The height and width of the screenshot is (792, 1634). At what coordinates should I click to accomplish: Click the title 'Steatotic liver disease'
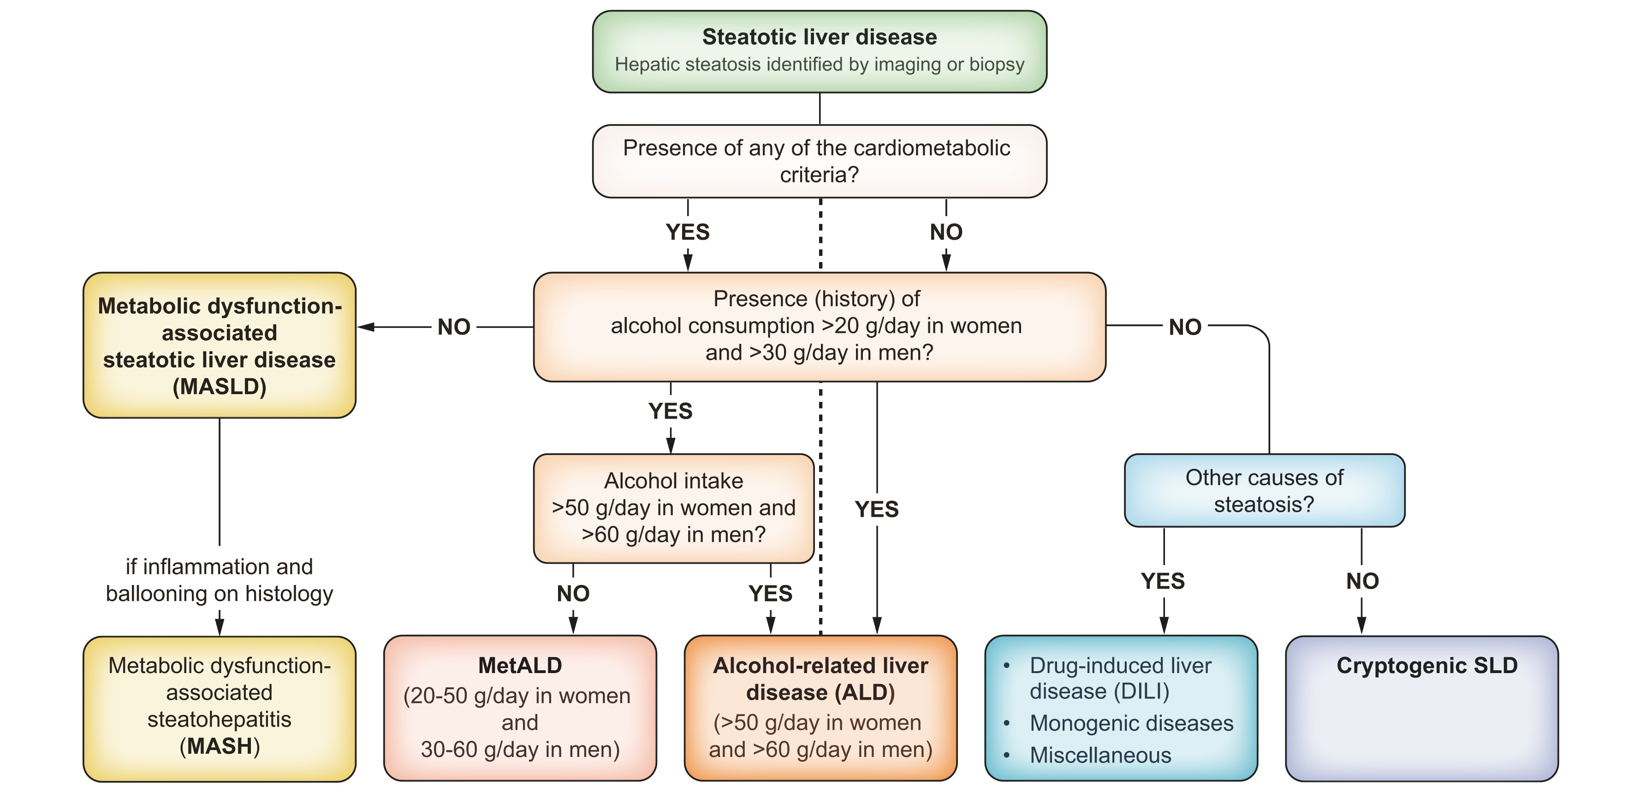tap(819, 37)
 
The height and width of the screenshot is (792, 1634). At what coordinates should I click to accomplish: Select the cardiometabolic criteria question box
tap(819, 161)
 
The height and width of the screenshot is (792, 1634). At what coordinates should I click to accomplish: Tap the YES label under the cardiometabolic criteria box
tap(688, 232)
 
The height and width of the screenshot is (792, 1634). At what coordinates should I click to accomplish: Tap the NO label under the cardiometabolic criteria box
tap(946, 232)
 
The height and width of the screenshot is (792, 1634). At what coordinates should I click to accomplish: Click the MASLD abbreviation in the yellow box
tap(220, 387)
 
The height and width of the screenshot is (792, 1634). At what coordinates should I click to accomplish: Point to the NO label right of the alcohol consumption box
tap(1185, 327)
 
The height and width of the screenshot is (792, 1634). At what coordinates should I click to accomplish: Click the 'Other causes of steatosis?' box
tap(1264, 491)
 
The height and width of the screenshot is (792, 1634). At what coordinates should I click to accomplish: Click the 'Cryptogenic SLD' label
tap(1426, 665)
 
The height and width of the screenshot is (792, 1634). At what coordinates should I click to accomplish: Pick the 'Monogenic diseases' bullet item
tap(1131, 723)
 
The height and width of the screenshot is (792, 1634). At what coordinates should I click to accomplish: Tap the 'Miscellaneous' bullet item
tap(1100, 755)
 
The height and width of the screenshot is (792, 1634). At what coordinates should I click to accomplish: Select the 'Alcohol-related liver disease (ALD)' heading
tap(820, 679)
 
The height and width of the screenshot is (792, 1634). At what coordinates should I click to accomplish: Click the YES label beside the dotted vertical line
tap(877, 509)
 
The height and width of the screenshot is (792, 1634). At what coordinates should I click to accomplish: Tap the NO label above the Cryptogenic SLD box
tap(1362, 581)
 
